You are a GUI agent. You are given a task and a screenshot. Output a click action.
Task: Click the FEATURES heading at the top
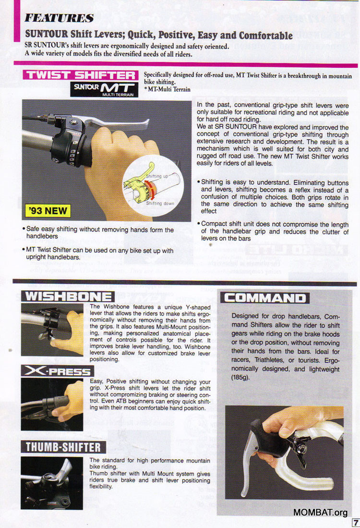(59, 18)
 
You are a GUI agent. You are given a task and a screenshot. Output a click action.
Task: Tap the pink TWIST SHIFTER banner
(81, 75)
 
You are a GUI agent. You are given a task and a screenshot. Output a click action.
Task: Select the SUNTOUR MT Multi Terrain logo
(104, 89)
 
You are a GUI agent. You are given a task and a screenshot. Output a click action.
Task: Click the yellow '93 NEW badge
(48, 211)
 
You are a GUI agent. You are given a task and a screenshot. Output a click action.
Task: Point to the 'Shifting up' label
(157, 176)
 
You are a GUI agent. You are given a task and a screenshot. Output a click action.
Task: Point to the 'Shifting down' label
(160, 203)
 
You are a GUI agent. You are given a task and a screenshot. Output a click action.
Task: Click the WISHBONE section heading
(68, 296)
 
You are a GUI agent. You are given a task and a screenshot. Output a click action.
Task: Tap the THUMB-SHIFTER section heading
(63, 447)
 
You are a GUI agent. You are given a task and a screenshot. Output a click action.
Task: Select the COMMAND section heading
(265, 298)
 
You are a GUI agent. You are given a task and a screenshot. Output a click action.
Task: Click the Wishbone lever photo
(52, 330)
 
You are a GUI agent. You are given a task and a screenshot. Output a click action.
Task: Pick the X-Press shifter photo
(52, 405)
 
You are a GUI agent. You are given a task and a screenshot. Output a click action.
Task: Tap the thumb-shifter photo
(52, 483)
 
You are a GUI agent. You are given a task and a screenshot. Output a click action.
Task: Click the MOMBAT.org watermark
(320, 512)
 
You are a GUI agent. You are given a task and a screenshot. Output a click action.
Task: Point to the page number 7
(355, 523)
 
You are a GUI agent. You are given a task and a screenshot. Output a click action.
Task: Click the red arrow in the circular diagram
(150, 190)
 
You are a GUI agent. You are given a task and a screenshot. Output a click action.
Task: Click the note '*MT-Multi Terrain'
(167, 89)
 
